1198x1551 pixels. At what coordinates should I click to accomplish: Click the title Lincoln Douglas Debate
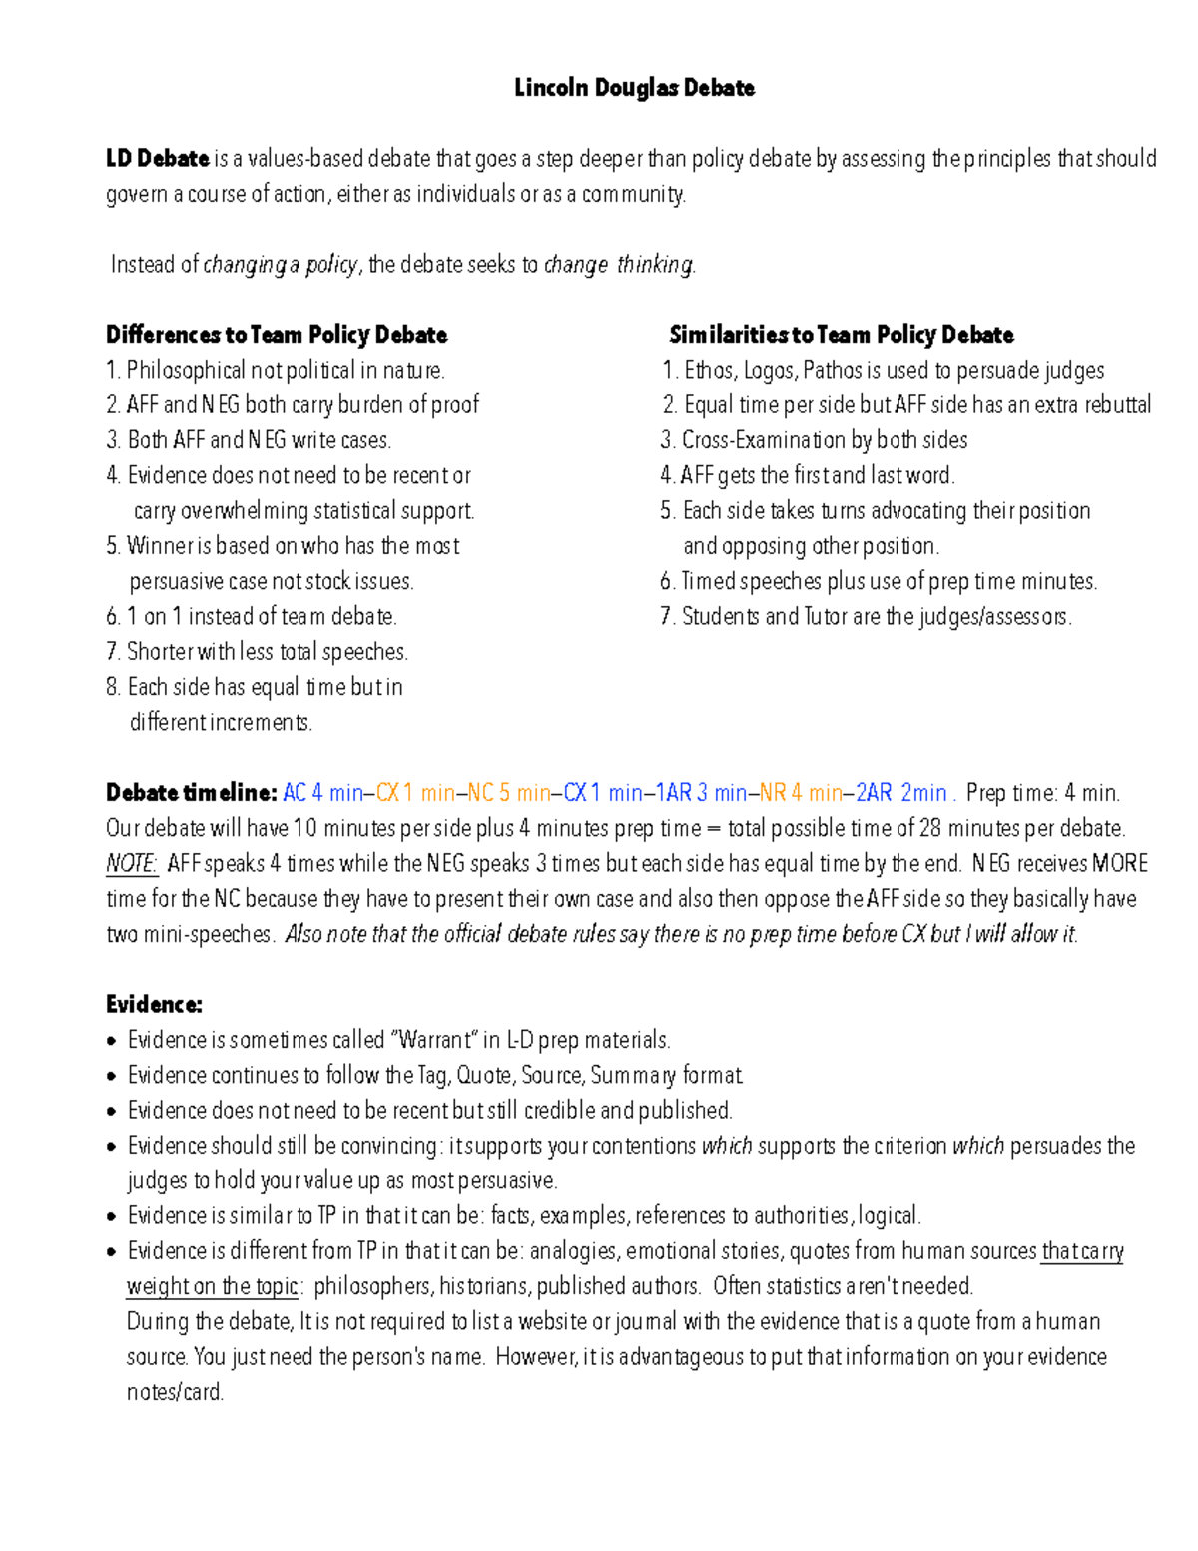634,88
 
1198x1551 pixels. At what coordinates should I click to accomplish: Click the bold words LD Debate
157,159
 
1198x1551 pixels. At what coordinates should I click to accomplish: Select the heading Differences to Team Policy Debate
277,335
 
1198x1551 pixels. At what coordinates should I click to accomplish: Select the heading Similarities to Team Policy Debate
841,335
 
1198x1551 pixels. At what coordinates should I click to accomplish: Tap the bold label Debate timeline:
191,793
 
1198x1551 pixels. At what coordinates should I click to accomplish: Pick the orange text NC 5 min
509,793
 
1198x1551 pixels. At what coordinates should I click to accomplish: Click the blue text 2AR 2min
901,793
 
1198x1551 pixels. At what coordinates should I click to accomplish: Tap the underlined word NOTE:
132,864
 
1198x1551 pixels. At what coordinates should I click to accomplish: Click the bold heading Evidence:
154,1005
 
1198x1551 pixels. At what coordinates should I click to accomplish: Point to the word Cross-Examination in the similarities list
764,440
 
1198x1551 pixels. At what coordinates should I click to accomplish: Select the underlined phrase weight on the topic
213,1286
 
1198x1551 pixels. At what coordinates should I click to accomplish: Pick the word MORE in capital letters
1120,864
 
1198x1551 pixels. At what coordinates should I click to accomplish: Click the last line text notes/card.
175,1392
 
